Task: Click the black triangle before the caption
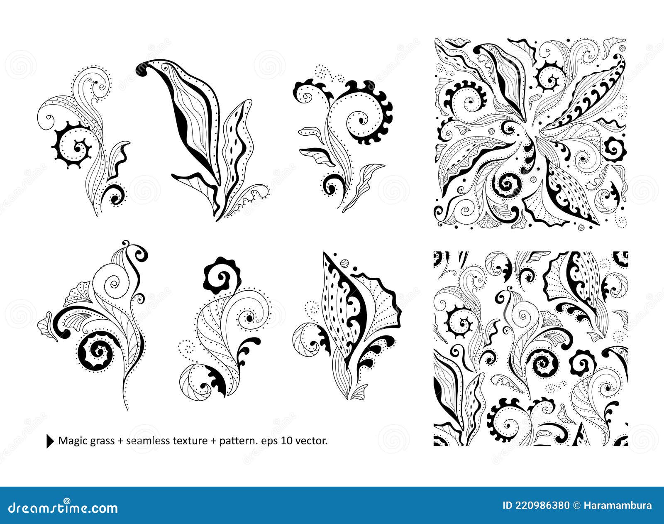pos(50,441)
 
